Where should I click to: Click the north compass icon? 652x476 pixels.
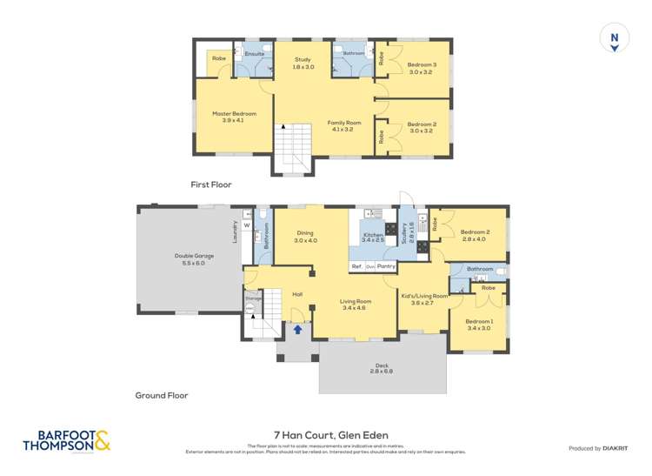tap(615, 39)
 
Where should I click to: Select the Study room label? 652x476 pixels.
tap(303, 63)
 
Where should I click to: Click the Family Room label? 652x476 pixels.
tap(343, 127)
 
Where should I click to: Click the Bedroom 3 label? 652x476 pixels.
tap(422, 68)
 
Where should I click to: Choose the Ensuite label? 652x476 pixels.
tap(254, 54)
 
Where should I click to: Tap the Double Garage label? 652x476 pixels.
tap(188, 259)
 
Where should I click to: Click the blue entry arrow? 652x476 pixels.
tap(298, 329)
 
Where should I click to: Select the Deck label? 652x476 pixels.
tap(383, 368)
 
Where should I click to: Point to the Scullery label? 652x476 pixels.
tap(405, 237)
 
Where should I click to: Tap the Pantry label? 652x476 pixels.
tap(387, 265)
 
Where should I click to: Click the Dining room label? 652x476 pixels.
tap(305, 237)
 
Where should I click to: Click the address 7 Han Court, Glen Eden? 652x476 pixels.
tap(326, 435)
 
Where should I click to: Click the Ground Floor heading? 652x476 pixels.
tap(162, 395)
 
